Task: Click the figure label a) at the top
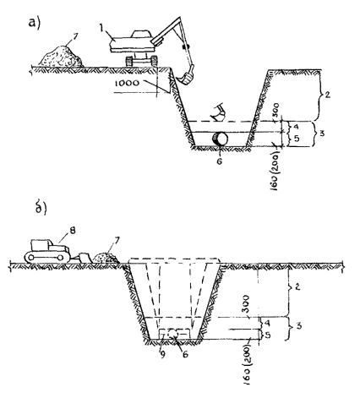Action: pyautogui.click(x=35, y=23)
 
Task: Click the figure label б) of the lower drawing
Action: pyautogui.click(x=41, y=208)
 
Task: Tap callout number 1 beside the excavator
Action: pyautogui.click(x=101, y=27)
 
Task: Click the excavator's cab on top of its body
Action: pyautogui.click(x=141, y=34)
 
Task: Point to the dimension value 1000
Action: pyautogui.click(x=127, y=83)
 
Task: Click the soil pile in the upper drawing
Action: pyautogui.click(x=61, y=57)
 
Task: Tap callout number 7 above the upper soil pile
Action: pyautogui.click(x=75, y=36)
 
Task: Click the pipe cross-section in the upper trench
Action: pyautogui.click(x=221, y=139)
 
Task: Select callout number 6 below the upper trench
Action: pyautogui.click(x=220, y=161)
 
